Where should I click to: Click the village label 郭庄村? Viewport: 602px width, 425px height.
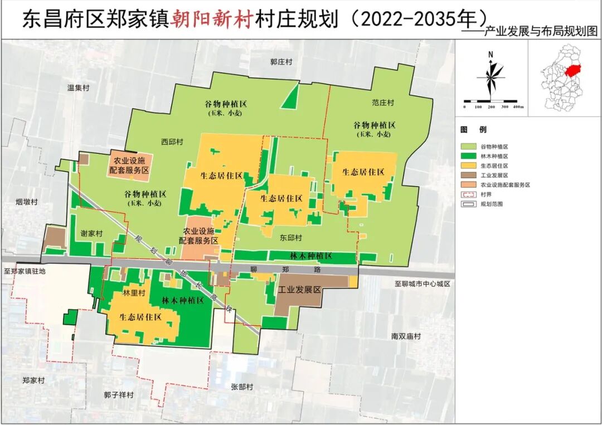281,62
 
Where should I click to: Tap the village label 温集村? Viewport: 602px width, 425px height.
78,87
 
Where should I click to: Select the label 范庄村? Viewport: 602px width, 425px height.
382,102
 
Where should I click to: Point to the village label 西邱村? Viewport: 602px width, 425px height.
172,142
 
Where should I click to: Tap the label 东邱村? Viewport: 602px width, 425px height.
290,237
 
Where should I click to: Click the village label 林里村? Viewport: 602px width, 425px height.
134,292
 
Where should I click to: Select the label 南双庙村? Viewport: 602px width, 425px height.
406,336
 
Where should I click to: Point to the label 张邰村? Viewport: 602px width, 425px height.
242,387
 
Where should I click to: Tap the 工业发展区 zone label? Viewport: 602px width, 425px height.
300,290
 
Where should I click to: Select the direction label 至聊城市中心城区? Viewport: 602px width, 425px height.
422,284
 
